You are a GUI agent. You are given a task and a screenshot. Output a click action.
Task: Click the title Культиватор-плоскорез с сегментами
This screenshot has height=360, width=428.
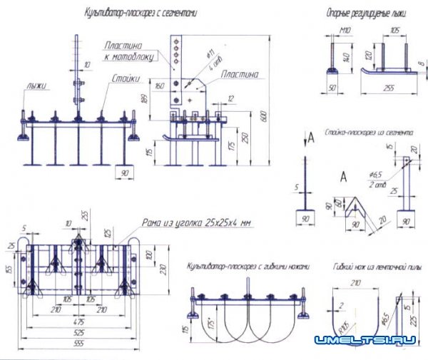coord(141,13)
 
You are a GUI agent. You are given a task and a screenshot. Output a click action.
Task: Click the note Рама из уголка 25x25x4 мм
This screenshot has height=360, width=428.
coord(198,222)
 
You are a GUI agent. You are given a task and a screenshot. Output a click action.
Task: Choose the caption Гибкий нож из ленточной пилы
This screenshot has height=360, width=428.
coord(377,267)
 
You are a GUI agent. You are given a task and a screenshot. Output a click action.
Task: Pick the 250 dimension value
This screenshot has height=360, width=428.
coord(245,137)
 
